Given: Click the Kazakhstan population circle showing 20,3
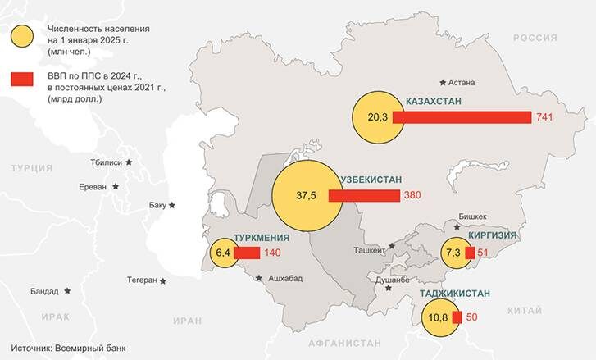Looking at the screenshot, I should [376, 117].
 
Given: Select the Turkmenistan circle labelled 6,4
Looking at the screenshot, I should [222, 253].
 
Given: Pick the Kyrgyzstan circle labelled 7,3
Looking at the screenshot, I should [453, 253].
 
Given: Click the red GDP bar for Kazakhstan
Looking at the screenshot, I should [462, 117].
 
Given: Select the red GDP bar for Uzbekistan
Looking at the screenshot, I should [364, 196].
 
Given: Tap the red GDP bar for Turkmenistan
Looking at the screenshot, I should [246, 253].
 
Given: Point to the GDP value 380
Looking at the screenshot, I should [413, 196].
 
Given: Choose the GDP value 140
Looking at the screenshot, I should [272, 253].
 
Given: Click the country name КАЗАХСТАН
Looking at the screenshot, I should [434, 101].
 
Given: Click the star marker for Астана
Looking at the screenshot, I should [444, 82].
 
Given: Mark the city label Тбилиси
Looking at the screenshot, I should [107, 162].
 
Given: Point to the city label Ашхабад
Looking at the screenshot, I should [284, 279].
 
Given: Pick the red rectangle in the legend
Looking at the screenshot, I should [22, 79].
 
